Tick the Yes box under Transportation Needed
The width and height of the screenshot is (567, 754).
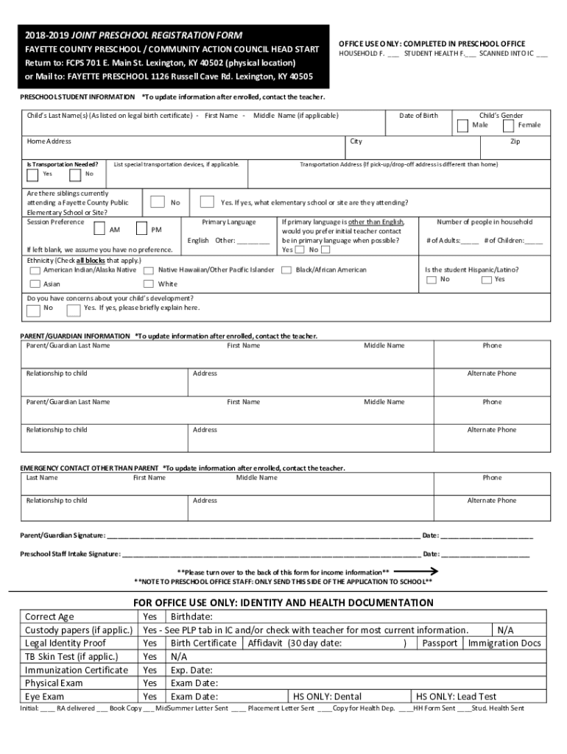pyautogui.click(x=33, y=175)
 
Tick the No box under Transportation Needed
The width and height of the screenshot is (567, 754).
pyautogui.click(x=75, y=175)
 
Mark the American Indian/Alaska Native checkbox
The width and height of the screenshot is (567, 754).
pyautogui.click(x=35, y=270)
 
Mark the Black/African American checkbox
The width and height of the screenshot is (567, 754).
pyautogui.click(x=286, y=270)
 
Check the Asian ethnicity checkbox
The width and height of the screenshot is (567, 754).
pyautogui.click(x=35, y=284)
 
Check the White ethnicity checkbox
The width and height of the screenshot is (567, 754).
pyautogui.click(x=149, y=284)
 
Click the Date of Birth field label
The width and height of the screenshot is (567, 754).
pyautogui.click(x=418, y=116)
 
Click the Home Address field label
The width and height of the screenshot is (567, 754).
pyautogui.click(x=49, y=141)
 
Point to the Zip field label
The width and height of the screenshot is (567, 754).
pyautogui.click(x=515, y=141)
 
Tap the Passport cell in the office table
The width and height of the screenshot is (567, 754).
pyautogui.click(x=440, y=643)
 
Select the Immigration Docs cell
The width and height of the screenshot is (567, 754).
pyautogui.click(x=504, y=643)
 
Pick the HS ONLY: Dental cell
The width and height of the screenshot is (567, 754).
pyautogui.click(x=328, y=696)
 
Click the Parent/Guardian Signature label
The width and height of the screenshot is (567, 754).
pyautogui.click(x=63, y=535)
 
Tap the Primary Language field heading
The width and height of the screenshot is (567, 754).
pyautogui.click(x=229, y=222)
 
